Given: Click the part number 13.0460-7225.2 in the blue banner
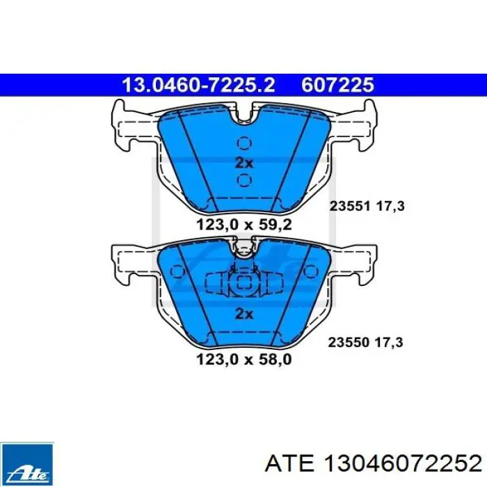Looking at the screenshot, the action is [x=199, y=85].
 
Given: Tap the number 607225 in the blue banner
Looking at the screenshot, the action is [x=337, y=85].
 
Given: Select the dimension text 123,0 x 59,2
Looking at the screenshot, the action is [x=244, y=225].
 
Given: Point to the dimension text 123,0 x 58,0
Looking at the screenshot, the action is [x=244, y=360].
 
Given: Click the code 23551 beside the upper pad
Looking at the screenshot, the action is [x=350, y=206].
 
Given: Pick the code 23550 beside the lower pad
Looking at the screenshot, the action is [x=349, y=342].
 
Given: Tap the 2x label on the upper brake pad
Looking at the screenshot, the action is [x=244, y=162].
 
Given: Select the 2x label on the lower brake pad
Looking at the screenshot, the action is [x=244, y=314].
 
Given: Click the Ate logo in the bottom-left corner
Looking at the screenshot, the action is [x=26, y=464].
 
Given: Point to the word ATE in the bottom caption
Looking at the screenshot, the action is [x=289, y=465].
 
